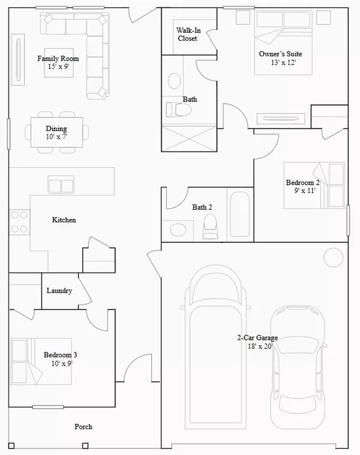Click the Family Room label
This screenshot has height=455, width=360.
point(58,59)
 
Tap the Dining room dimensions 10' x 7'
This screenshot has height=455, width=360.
point(56,137)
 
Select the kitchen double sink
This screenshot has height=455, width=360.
point(61,185)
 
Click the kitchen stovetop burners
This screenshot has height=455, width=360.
point(19,222)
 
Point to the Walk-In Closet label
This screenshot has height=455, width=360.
point(188,34)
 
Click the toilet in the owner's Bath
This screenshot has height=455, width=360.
point(179,110)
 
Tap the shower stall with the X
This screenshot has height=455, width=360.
point(189,138)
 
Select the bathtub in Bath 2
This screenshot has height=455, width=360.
point(240,214)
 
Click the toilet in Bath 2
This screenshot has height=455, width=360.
point(210,227)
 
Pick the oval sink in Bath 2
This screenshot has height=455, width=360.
point(178,230)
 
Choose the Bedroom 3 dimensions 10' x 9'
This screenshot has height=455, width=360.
point(62,363)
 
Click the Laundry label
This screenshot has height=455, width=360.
point(59,291)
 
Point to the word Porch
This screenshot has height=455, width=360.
point(83,427)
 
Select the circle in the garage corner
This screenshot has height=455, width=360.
point(334,257)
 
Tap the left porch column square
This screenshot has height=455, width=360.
point(11,445)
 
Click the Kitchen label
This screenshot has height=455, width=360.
point(64,220)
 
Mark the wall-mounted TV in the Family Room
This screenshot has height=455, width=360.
point(18,59)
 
